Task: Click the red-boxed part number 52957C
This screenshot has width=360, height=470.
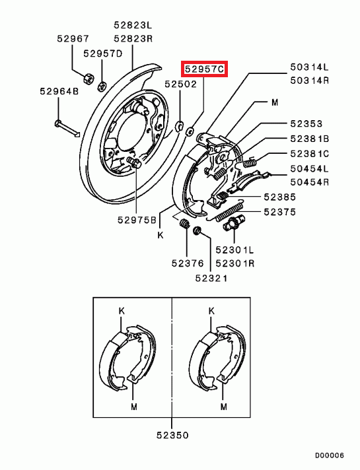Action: [x=204, y=69]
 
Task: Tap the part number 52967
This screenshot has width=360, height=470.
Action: [x=73, y=38]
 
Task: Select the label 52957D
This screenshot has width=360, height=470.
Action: [x=103, y=53]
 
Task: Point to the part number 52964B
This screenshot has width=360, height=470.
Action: [x=59, y=91]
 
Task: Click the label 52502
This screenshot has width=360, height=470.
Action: [x=180, y=84]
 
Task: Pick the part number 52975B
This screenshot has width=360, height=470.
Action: [x=137, y=220]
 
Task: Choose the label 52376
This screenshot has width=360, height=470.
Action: [x=188, y=263]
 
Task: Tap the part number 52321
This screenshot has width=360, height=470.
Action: [x=211, y=278]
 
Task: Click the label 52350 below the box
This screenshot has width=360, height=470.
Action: [x=172, y=435]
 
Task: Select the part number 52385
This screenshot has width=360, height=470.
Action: [x=280, y=197]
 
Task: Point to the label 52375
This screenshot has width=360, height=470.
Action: [x=280, y=212]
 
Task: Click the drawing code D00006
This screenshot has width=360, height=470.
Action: [x=329, y=455]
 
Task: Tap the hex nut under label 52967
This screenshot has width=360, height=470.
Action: [x=89, y=79]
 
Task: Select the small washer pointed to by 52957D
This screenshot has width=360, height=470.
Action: [x=102, y=86]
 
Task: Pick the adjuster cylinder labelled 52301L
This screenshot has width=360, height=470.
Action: [x=234, y=222]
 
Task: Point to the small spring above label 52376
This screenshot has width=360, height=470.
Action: [x=184, y=224]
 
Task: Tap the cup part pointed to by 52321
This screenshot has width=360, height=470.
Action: [x=197, y=231]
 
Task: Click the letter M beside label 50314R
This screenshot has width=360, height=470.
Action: [x=275, y=102]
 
